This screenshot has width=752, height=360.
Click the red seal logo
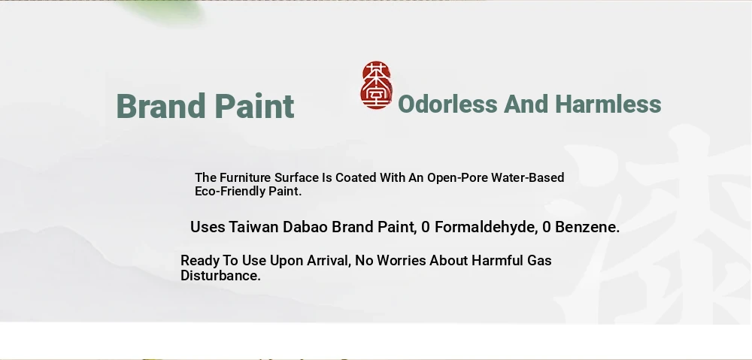point(377,85)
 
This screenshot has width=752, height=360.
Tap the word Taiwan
point(253,227)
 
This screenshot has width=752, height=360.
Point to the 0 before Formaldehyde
point(426,227)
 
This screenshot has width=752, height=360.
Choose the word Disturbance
point(220,276)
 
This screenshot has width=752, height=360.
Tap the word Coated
point(356,178)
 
